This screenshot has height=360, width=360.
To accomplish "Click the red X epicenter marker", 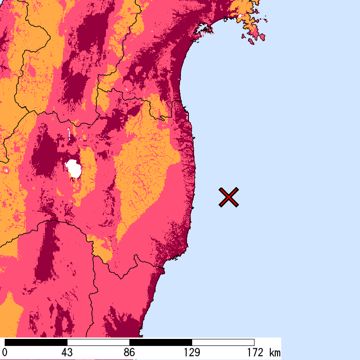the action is (x=229, y=197).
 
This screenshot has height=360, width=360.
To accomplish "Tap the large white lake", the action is (x=74, y=168).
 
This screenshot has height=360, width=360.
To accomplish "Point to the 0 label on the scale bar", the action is (x=5, y=352).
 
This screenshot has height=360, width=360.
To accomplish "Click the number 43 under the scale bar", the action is (x=67, y=352).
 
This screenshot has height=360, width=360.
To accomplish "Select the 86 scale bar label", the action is (x=129, y=352).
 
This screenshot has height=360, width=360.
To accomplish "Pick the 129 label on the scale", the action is (x=192, y=352).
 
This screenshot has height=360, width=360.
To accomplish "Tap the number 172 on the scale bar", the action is (x=254, y=352).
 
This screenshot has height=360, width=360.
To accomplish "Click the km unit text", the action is (x=275, y=352).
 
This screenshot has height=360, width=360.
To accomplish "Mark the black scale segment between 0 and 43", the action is (x=36, y=342).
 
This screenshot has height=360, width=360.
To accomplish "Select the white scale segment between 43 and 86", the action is (x=98, y=342).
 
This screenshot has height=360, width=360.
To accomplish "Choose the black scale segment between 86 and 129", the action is (x=161, y=342).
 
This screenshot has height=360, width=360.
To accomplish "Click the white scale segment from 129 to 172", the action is (x=223, y=342).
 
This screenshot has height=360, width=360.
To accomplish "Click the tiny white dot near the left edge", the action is (x=7, y=170).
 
